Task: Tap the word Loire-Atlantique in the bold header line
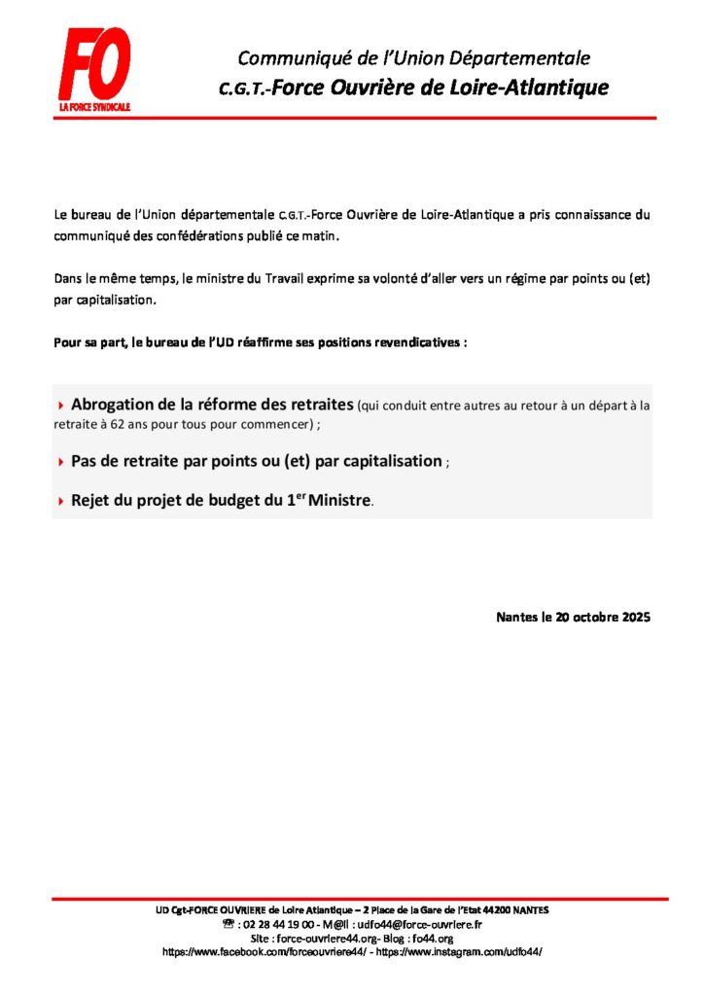pos(545,89)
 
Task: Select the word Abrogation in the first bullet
pos(117,405)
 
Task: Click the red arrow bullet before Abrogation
pos(61,406)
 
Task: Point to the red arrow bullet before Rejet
pos(61,502)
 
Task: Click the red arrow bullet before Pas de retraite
pos(61,462)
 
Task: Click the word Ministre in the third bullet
pos(339,501)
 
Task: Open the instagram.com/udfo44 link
pos(461,951)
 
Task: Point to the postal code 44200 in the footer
pos(491,909)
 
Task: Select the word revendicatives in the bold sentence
pos(413,344)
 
